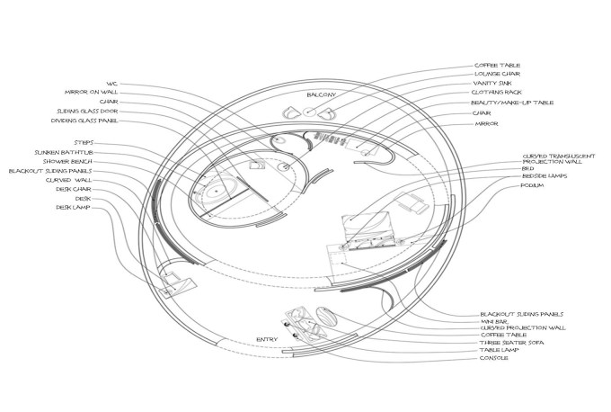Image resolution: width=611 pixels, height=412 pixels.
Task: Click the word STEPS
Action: pos(83,142)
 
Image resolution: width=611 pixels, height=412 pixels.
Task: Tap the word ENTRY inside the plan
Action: pos(267,338)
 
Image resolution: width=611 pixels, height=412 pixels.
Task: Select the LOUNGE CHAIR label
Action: pos(497,74)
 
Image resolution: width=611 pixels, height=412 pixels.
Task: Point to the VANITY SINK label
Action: pos(493,83)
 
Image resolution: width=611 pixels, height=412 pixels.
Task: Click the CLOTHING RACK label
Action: pos(498,93)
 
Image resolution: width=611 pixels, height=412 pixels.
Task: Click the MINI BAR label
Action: pos(495,321)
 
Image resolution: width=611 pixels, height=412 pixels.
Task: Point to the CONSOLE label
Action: pos(494,358)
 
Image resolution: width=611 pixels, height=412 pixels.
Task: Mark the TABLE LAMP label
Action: pos(500,350)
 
